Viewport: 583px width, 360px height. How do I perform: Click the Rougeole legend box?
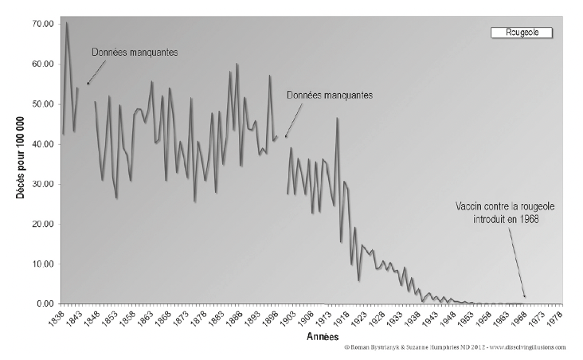520,33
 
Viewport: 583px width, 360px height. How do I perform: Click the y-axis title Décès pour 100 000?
17,164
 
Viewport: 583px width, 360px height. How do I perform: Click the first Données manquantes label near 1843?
134,53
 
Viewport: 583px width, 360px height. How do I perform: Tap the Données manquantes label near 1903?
330,94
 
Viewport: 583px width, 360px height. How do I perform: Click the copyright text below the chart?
455,348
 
